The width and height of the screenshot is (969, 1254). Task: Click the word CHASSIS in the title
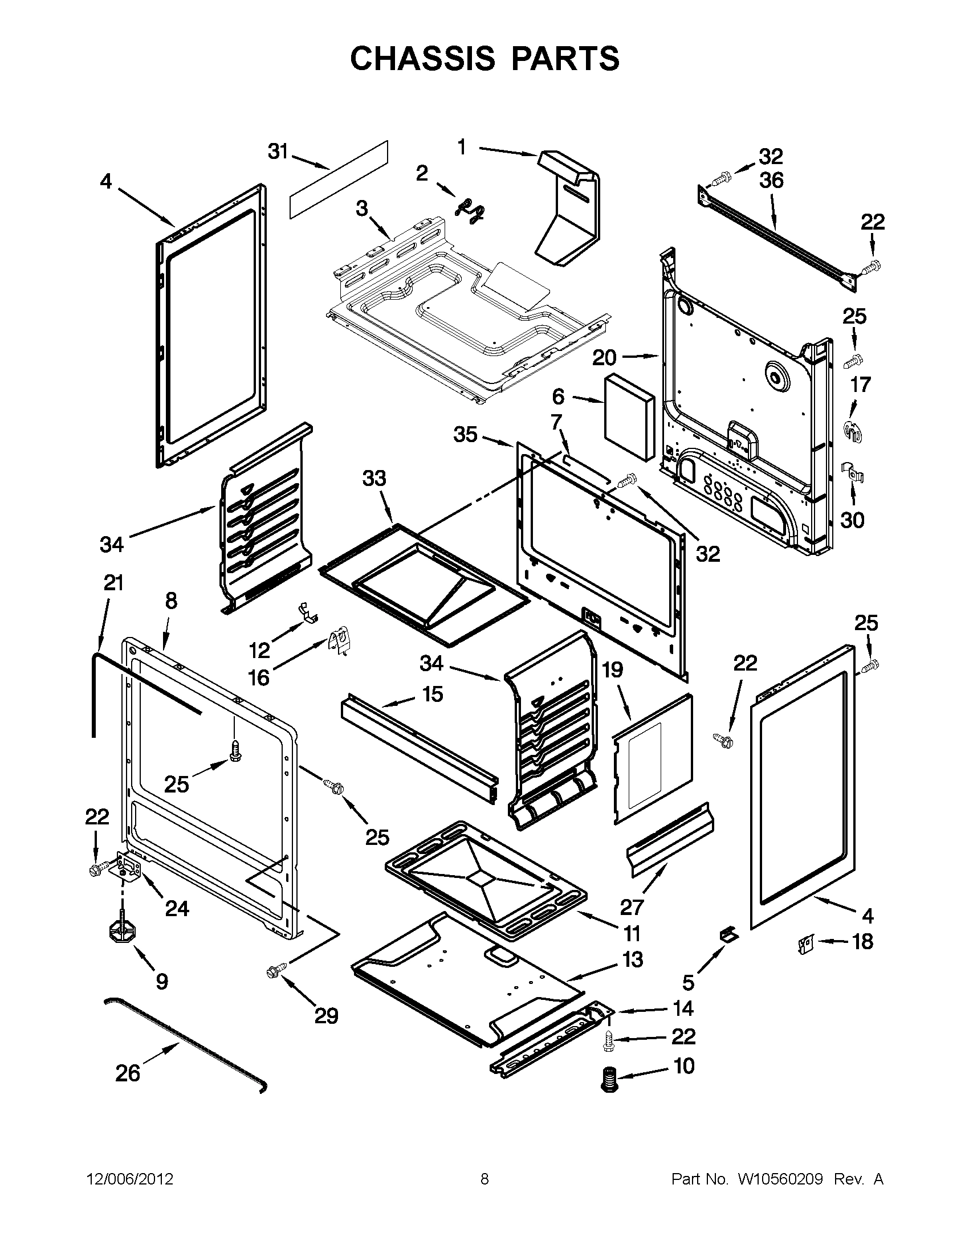pos(422,59)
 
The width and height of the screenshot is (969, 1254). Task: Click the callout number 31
pos(278,152)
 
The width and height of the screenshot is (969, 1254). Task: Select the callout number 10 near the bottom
pos(683,1065)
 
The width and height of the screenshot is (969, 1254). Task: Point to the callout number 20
pos(604,358)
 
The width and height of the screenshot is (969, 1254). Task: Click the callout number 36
pos(771,180)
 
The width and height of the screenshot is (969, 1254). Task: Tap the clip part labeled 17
pos(852,430)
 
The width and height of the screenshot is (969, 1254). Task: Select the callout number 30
pos(852,520)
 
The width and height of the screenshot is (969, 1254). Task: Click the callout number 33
pos(374,478)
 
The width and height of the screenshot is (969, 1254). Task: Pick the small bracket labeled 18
pos(807,943)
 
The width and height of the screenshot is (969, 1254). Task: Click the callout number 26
pos(128,1073)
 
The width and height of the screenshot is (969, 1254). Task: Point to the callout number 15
pos(433,694)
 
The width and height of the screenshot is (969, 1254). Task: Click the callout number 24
pos(177,909)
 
